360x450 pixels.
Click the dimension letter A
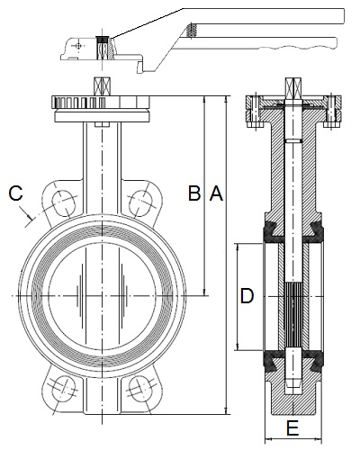(x=216, y=193)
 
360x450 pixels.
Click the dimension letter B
(x=194, y=193)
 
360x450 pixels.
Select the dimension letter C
(x=15, y=193)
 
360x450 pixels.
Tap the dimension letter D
(x=247, y=296)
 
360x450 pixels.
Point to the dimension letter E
(x=292, y=428)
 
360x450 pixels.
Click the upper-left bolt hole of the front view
(x=63, y=202)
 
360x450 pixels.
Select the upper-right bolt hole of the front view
(x=140, y=202)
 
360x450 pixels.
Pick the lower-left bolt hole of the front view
(x=63, y=388)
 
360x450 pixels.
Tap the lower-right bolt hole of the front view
(x=140, y=388)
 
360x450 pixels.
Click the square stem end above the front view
(x=103, y=86)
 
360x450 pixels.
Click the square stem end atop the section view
(x=292, y=86)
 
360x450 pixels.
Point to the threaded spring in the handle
(x=191, y=30)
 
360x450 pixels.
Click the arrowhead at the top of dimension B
(x=204, y=99)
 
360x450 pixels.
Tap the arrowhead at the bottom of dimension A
(x=226, y=411)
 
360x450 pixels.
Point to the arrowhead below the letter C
(x=30, y=216)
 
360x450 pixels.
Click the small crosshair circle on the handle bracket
(x=78, y=46)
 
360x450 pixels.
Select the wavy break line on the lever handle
(x=297, y=48)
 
